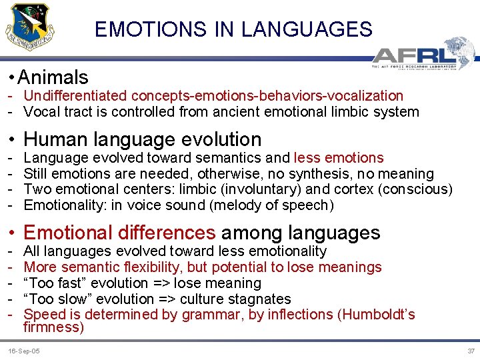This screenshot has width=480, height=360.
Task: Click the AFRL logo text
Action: pyautogui.click(x=414, y=54)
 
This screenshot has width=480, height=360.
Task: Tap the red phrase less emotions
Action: pyautogui.click(x=339, y=158)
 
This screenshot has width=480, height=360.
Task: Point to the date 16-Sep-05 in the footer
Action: pyautogui.click(x=23, y=351)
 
